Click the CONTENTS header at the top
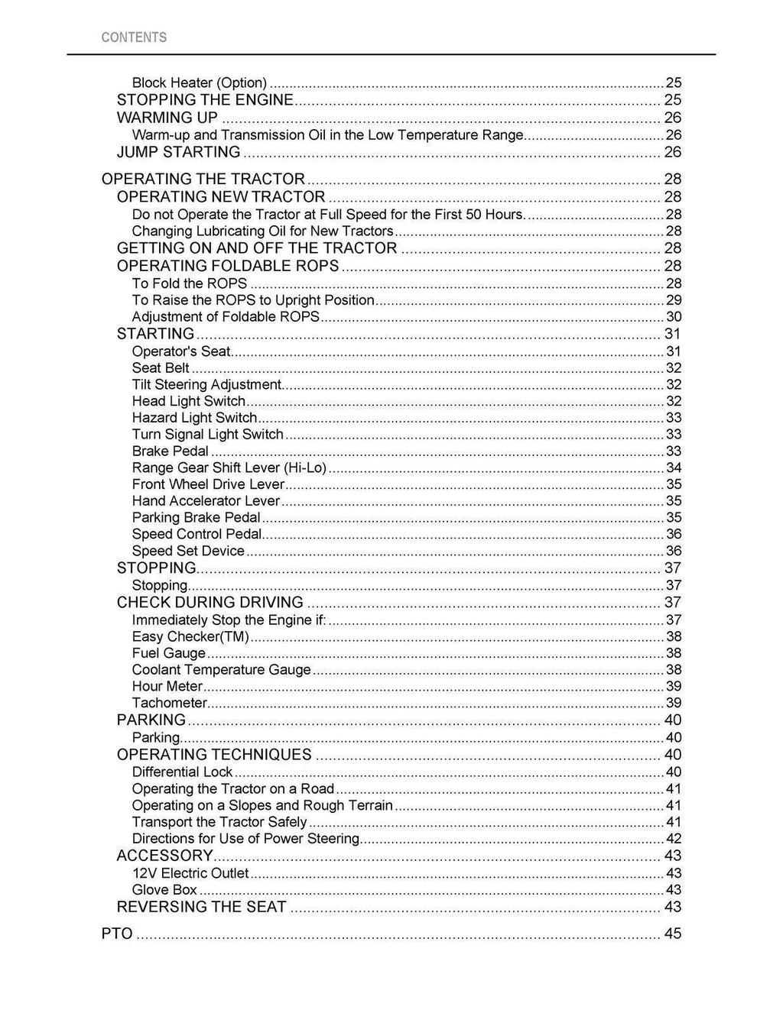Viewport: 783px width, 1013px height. click(134, 37)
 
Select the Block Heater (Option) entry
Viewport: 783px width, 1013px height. click(199, 83)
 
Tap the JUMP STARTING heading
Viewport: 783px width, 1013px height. click(178, 152)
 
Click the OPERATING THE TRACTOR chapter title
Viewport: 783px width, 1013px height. click(203, 179)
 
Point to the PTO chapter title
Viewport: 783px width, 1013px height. click(117, 934)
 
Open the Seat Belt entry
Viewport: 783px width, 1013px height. click(161, 368)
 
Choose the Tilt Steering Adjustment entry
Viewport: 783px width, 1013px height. click(206, 385)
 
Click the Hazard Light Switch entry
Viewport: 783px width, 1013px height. click(194, 418)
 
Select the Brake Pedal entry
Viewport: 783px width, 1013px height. click(170, 451)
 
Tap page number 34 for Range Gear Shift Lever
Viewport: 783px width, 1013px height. click(674, 468)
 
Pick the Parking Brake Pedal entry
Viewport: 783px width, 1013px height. click(196, 518)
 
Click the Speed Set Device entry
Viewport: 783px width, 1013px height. click(188, 552)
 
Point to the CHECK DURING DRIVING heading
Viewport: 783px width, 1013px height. click(210, 603)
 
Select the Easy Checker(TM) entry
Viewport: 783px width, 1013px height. click(190, 637)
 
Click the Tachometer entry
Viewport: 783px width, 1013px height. click(169, 704)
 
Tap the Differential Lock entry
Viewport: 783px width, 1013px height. click(182, 772)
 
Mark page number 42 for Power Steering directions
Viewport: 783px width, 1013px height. click(674, 839)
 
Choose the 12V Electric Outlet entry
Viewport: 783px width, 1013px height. click(190, 873)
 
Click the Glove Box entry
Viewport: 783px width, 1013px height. click(164, 890)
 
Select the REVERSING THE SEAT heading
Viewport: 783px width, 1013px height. click(201, 908)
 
